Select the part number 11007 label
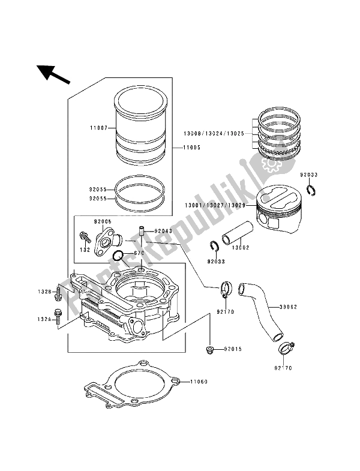(98, 128)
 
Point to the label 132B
(44, 292)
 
